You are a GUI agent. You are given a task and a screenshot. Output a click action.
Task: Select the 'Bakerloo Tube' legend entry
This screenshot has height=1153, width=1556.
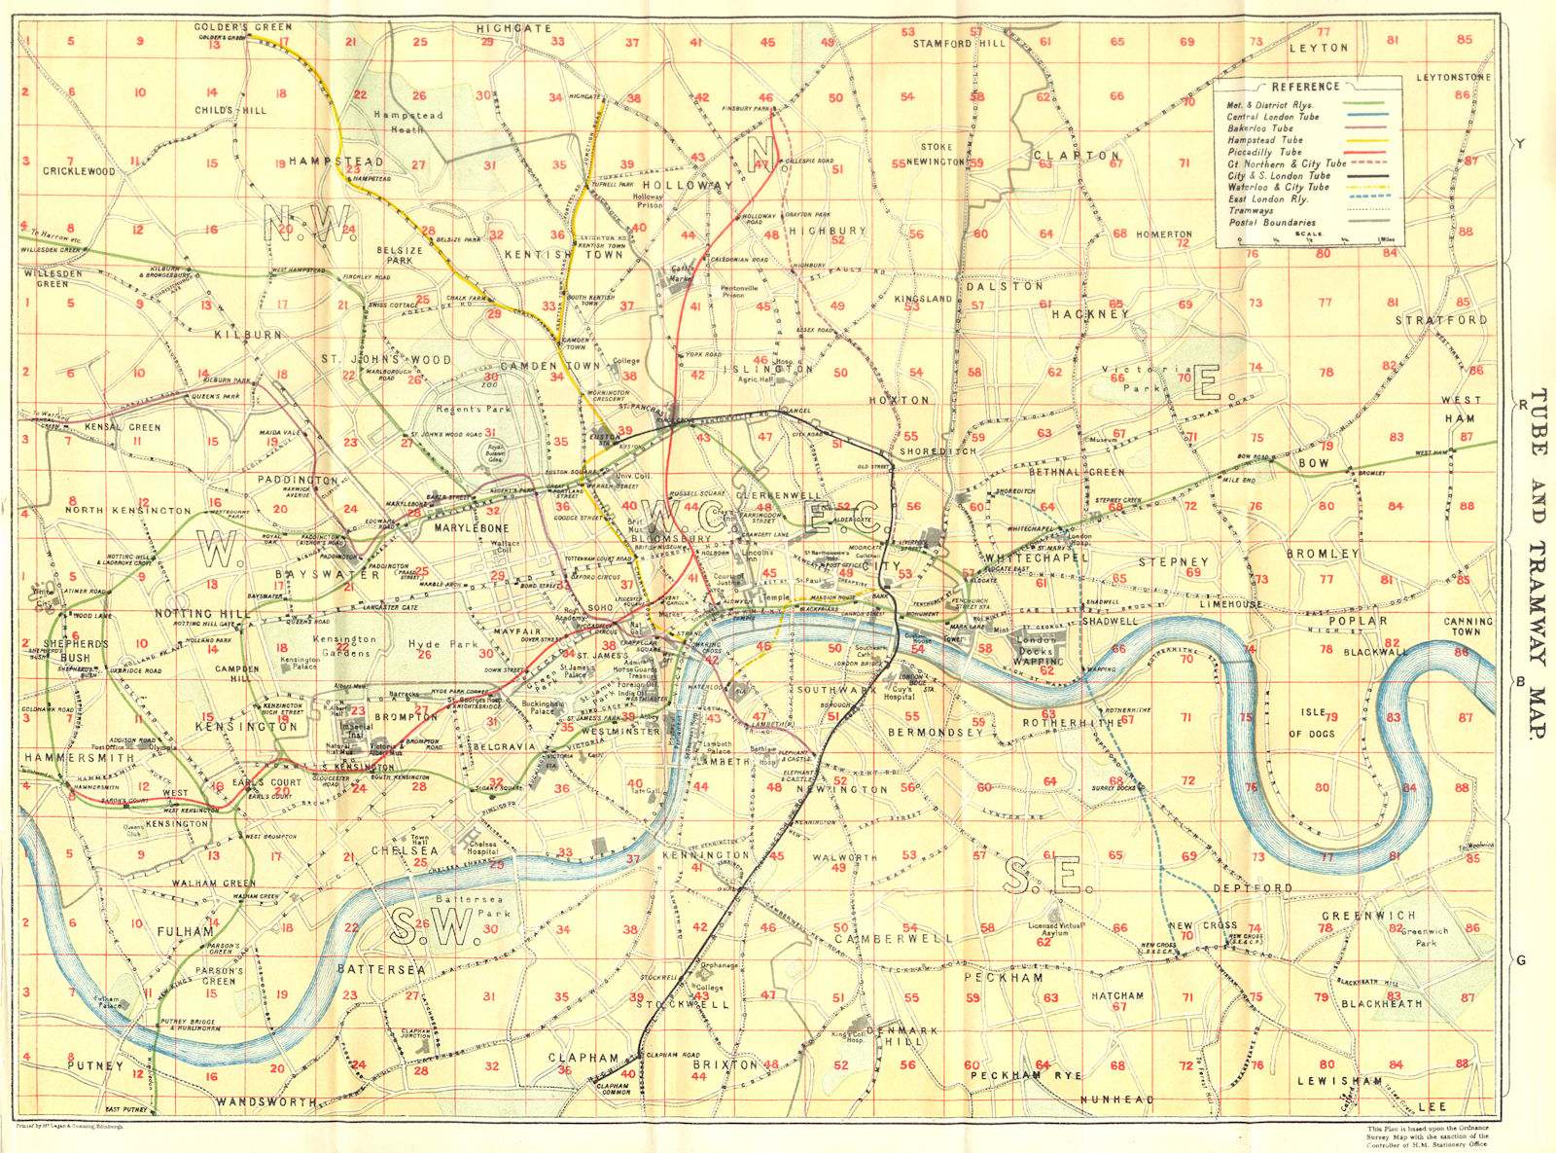tap(1259, 128)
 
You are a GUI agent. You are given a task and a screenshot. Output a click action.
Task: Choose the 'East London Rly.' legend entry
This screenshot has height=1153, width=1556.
tap(1267, 198)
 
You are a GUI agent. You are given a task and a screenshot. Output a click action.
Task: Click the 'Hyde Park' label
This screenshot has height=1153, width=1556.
tap(438, 644)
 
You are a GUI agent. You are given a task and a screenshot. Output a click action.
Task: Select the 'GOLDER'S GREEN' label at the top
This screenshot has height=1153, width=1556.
tap(242, 27)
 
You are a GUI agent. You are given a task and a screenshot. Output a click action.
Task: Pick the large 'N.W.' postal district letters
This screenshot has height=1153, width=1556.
tap(307, 226)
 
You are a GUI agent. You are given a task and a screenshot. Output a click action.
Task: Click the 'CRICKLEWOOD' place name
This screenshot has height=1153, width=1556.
tap(79, 171)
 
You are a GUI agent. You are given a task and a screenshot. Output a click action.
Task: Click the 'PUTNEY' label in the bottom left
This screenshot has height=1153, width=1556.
tap(95, 1065)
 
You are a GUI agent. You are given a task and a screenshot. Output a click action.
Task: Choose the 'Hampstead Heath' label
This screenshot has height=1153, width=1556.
tap(408, 122)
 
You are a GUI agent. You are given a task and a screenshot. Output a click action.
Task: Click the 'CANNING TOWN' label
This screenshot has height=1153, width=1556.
tap(1468, 627)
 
